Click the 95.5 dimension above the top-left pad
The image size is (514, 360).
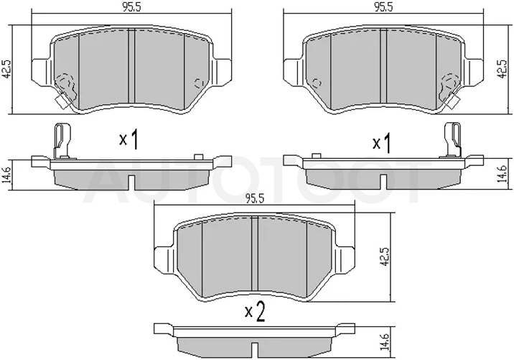131,7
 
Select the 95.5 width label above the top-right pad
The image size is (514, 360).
383,7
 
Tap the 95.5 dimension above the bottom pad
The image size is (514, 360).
255,198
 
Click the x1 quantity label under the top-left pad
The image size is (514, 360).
128,139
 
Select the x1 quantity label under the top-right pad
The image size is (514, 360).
382,143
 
